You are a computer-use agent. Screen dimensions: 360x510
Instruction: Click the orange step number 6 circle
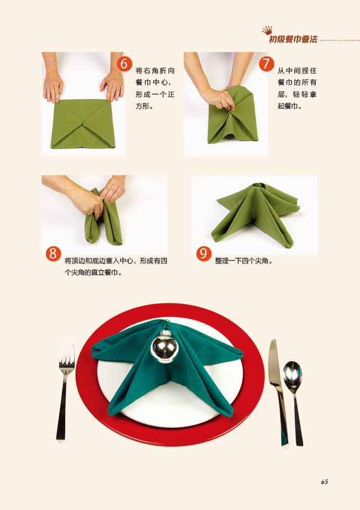124,64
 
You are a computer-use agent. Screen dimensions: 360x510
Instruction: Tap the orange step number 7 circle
267,64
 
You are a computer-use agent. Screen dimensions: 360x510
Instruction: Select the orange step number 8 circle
54,254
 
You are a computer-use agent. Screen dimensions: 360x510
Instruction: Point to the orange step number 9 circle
204,254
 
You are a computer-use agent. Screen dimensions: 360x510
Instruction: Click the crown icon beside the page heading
267,30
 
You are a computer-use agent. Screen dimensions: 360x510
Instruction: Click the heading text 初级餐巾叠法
293,39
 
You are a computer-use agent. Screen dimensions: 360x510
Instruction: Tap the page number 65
325,482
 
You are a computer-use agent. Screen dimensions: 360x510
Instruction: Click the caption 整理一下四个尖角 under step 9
243,261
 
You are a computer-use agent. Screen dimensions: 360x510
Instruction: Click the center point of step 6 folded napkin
84,123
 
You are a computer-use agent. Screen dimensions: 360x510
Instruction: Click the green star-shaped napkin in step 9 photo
255,213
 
